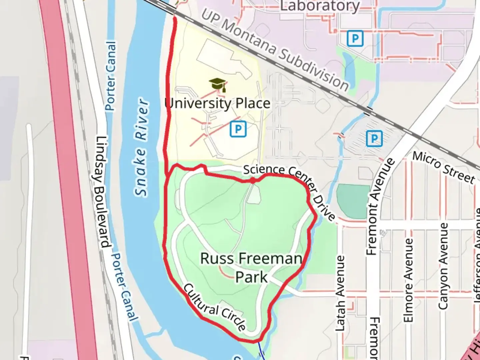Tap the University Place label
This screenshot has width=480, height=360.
217,103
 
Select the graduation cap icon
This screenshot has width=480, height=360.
218,85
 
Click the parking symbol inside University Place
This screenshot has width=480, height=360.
238,129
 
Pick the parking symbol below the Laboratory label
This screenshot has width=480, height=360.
355,39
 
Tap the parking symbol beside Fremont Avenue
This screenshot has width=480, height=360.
374,138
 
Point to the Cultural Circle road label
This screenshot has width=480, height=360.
215,307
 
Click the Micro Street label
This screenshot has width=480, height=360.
444,167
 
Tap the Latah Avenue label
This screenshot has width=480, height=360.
340,293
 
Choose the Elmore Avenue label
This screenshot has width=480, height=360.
409,280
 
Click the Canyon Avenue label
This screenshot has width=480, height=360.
443,266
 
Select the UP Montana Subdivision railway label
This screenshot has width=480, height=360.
275,50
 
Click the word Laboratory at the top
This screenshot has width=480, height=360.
320,6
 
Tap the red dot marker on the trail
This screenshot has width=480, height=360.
253,180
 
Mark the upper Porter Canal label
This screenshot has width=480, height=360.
111,76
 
